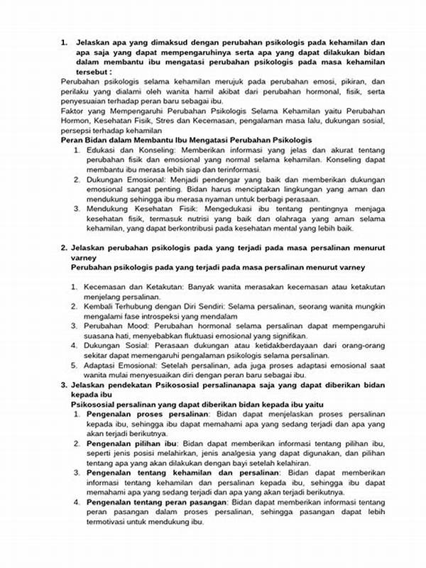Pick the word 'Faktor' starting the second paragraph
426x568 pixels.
pyautogui.click(x=73, y=112)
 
